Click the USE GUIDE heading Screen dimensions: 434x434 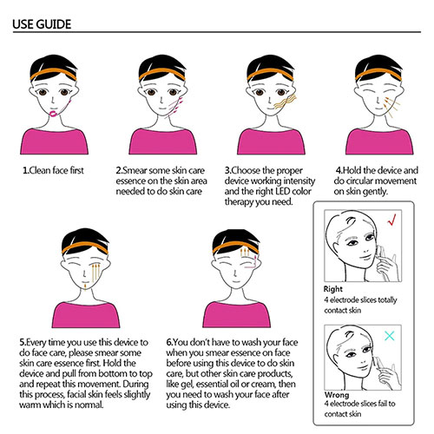pos(42,24)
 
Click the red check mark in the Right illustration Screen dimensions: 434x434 pos(391,220)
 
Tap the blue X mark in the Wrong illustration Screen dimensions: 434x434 pos(390,336)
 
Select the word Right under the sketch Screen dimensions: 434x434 pos(333,289)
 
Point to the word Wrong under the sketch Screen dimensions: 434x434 pos(337,395)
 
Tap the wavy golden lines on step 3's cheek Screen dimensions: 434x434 pos(285,102)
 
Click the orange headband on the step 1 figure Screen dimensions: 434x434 pos(53,73)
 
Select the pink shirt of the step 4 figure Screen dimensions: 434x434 pos(379,141)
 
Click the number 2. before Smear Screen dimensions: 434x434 pos(120,170)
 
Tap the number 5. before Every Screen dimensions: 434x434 pos(23,343)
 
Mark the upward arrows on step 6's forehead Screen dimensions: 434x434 pos(245,252)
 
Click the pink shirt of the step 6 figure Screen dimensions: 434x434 pos(236,314)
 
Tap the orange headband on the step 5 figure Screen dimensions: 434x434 pos(85,247)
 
